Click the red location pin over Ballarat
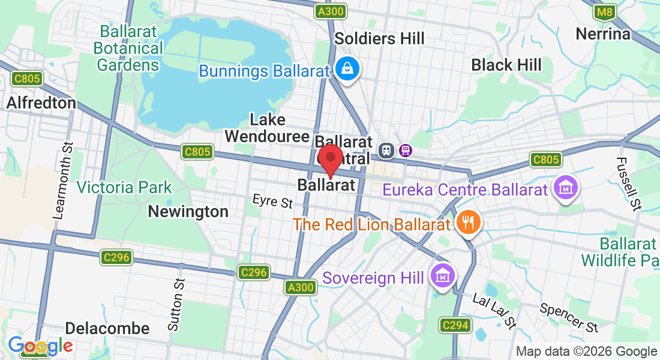(329, 159)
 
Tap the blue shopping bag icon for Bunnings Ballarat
(347, 69)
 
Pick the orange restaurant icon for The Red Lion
(466, 223)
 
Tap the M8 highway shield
(605, 11)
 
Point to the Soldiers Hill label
(379, 38)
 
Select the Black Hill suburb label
(506, 65)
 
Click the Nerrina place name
(603, 34)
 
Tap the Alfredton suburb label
(41, 103)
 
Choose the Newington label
(188, 212)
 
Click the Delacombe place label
(107, 328)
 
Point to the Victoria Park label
(124, 187)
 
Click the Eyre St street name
(272, 201)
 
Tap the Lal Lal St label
(494, 311)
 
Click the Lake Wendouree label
(267, 128)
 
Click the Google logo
(40, 346)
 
